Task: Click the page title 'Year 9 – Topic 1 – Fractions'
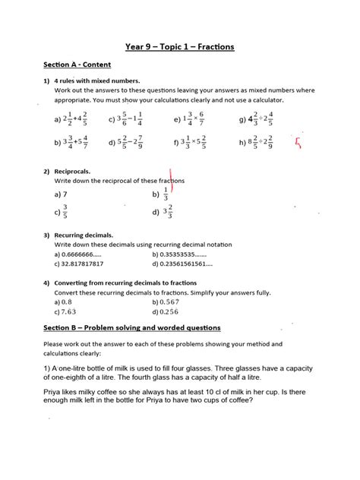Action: [x=180, y=47]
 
